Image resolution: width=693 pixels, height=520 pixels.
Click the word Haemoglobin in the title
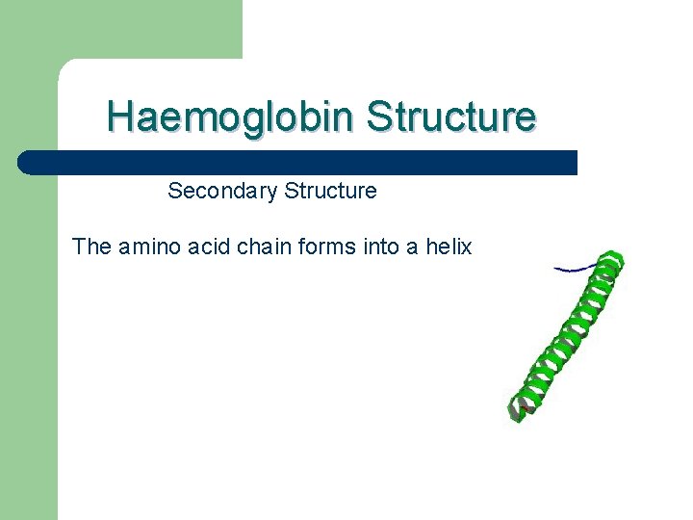231,117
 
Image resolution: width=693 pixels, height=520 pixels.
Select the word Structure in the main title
450,117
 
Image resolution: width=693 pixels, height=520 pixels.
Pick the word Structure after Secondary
330,191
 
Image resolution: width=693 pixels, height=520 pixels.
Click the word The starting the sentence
92,247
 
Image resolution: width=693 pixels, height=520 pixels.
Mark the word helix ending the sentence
448,247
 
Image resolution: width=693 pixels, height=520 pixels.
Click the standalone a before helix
411,247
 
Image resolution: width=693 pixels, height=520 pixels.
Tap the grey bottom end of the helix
521,410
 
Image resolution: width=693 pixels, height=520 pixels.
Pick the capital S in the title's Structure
378,117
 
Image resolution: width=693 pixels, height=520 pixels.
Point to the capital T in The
79,247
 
